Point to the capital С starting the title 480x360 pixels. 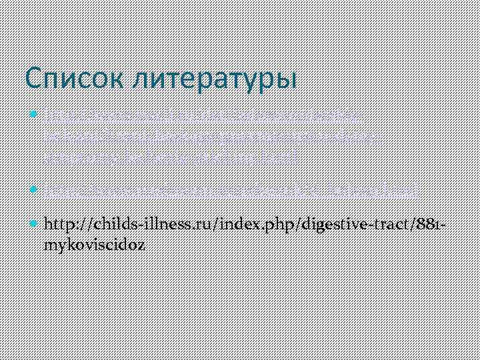[x=33, y=79]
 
